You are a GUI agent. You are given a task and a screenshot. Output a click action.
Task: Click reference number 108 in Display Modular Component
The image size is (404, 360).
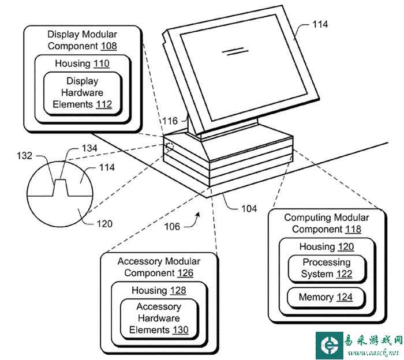[107, 46]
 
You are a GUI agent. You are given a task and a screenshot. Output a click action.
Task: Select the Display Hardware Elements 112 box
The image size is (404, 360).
[82, 93]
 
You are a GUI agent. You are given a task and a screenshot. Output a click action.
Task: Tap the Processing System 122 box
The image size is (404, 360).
[327, 268]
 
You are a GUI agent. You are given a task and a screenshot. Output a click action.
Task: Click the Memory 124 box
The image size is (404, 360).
[327, 298]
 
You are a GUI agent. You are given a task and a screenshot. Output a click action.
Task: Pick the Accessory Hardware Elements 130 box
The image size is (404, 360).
[159, 318]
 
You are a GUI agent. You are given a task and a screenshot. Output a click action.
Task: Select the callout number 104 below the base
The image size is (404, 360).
[249, 208]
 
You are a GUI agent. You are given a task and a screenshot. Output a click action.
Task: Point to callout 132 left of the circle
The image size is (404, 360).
[41, 155]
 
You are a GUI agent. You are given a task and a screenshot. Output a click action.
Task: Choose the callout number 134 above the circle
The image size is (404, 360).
[89, 148]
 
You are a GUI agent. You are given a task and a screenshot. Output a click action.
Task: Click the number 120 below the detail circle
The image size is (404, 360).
[104, 224]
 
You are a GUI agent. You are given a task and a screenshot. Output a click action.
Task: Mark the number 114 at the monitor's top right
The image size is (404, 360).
[320, 24]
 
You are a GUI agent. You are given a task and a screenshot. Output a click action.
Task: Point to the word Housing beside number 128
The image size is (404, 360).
[149, 290]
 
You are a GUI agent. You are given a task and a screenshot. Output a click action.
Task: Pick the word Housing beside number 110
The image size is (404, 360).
[72, 63]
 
